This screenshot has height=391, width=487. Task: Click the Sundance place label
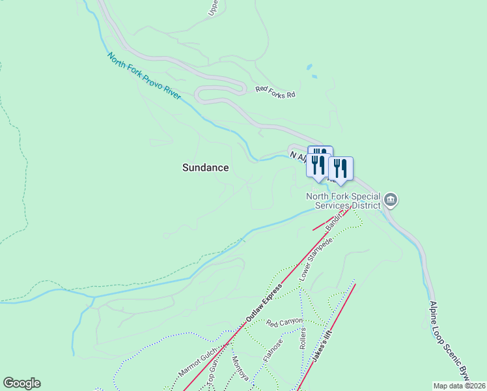pos(205,167)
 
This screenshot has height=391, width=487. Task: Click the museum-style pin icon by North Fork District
pos(390,199)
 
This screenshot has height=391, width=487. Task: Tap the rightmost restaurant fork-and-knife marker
pos(341,169)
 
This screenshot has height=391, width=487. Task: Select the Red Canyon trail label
pos(284,323)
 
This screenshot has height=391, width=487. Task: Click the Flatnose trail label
pos(273,351)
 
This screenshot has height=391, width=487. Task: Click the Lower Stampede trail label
pos(316,259)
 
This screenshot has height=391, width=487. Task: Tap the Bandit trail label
pos(334,221)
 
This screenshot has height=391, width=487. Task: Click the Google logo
pos(21,383)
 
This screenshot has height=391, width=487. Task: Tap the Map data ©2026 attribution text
pos(459,386)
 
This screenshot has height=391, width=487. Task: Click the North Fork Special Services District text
pos(344,200)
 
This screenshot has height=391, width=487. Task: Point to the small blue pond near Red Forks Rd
pos(309,67)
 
